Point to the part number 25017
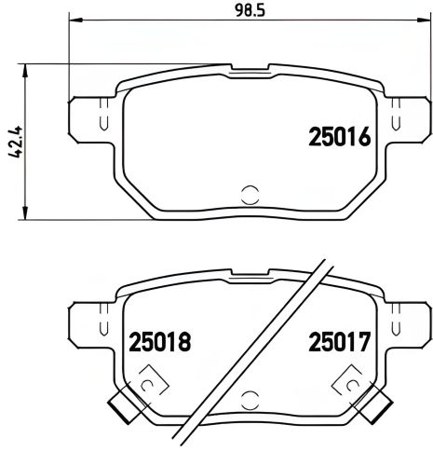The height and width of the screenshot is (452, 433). [x=339, y=343]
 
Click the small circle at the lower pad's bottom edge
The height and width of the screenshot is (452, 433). [x=250, y=400]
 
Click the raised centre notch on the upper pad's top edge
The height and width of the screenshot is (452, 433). [x=250, y=69]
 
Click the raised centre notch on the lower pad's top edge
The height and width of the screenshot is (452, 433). [x=250, y=272]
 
